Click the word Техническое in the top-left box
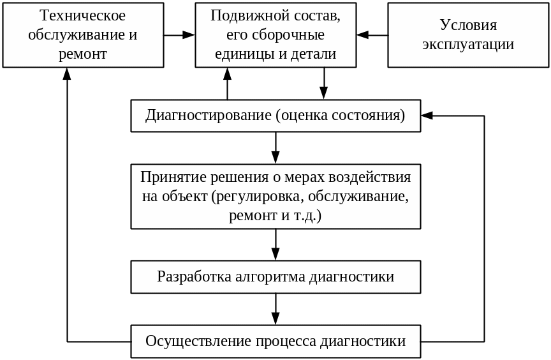[x=83, y=16]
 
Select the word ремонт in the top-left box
[x=83, y=54]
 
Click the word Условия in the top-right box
[x=468, y=26]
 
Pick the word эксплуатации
[x=468, y=45]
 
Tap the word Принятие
[x=168, y=177]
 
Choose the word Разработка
[x=189, y=276]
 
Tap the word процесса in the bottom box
[x=286, y=341]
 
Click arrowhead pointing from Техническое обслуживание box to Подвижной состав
[x=189, y=35]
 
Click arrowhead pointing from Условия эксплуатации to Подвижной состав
[x=363, y=35]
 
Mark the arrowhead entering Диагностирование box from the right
[x=427, y=116]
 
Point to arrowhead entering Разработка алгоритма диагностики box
[x=275, y=254]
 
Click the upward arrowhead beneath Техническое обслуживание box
[x=67, y=73]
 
